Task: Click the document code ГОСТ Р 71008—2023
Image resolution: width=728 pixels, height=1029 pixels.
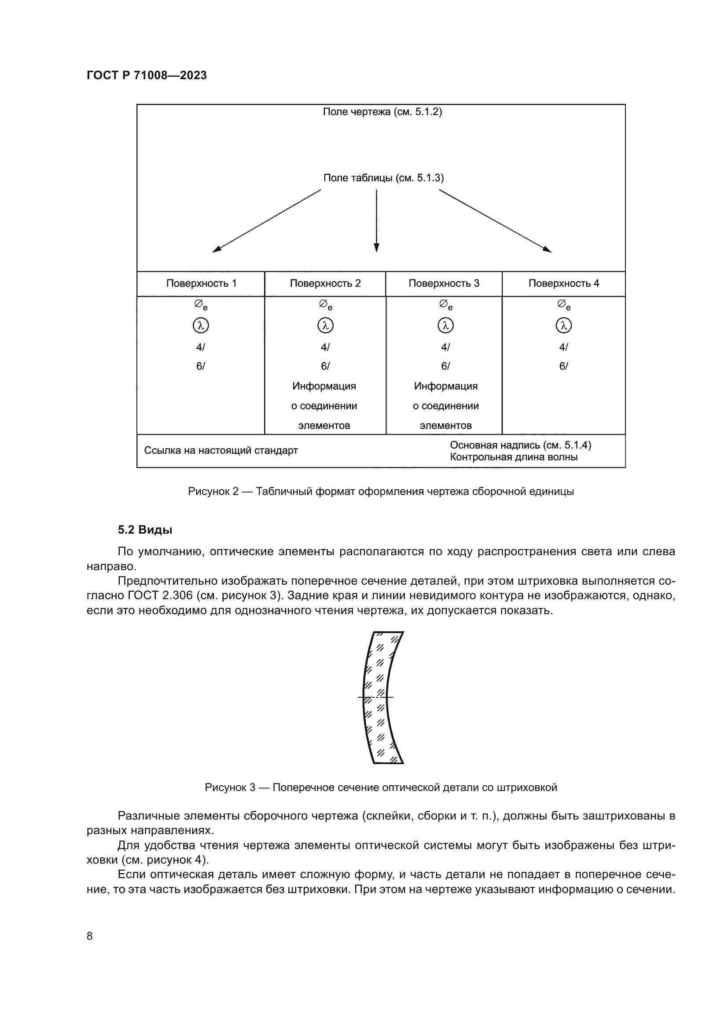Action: [x=147, y=75]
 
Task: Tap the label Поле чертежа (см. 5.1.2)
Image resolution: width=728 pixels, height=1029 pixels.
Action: [x=382, y=112]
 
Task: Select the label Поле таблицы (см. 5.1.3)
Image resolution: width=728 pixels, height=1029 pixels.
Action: [x=383, y=178]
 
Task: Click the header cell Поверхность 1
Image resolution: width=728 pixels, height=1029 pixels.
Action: [x=201, y=283]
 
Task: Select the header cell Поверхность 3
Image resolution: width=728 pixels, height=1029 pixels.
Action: [x=444, y=283]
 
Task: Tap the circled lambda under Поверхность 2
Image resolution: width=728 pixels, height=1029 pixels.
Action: [x=325, y=326]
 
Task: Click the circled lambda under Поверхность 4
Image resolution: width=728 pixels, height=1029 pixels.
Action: [x=563, y=326]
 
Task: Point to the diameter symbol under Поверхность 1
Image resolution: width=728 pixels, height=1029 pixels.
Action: [x=200, y=305]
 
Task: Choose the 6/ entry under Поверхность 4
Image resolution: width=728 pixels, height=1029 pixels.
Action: [x=563, y=366]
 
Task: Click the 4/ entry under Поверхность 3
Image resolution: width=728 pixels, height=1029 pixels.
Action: [x=445, y=347]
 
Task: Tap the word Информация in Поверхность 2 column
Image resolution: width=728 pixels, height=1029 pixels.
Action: [x=324, y=386]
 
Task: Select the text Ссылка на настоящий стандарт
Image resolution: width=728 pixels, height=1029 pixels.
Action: [x=221, y=450]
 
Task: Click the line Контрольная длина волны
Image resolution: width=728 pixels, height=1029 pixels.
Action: [x=514, y=457]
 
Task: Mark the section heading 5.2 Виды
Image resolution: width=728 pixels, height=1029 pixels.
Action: [x=145, y=530]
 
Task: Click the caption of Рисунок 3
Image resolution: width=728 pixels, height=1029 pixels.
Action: [x=381, y=787]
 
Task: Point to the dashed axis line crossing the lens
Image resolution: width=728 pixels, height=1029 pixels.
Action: [x=375, y=697]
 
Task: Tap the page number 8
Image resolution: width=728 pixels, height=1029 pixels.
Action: [x=90, y=936]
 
